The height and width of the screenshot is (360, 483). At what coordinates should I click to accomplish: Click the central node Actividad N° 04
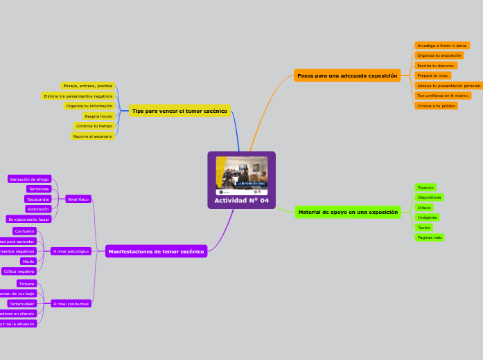point(241,201)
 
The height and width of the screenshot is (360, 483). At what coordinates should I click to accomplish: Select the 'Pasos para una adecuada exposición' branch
point(347,75)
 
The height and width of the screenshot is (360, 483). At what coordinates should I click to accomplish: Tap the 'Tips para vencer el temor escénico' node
point(179,111)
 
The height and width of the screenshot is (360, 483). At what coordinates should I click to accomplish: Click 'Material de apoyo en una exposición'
point(348,212)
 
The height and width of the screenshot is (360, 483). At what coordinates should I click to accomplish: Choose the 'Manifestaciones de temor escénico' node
point(156,251)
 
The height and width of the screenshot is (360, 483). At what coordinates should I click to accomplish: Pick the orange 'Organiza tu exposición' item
point(439,55)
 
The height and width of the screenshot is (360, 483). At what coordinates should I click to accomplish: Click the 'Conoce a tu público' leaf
point(436,106)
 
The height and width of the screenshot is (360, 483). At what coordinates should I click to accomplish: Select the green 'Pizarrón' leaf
point(425,188)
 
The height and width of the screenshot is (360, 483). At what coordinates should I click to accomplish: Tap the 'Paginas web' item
point(430,237)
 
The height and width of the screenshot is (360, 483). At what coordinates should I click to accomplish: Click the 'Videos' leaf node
point(424,208)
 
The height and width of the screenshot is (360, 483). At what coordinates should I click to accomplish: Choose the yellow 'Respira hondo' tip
point(98,116)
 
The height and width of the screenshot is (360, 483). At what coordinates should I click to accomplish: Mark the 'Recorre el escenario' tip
point(93,136)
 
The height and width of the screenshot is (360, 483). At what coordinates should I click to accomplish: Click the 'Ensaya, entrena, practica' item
point(88,86)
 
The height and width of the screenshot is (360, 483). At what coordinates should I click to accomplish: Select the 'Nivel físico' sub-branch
point(78,199)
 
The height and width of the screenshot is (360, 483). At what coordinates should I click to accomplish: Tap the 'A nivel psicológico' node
point(71,251)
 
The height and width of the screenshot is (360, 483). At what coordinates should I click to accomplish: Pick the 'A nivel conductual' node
point(71,303)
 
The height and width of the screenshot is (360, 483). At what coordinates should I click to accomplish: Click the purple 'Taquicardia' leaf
point(38,199)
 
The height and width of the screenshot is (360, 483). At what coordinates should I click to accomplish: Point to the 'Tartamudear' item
point(22,303)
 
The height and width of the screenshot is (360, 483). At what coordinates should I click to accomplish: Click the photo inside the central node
point(241,175)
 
